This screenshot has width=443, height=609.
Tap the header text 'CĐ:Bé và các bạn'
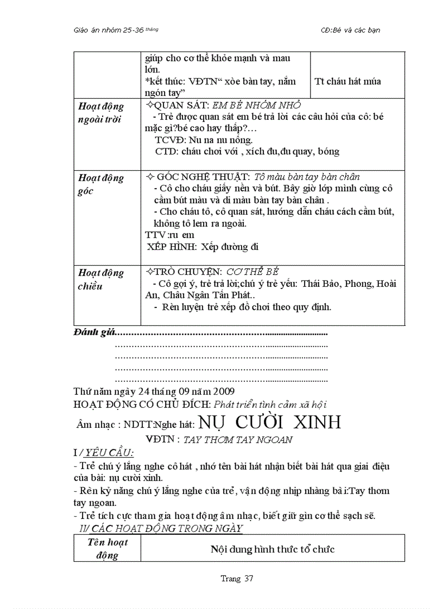[351, 30]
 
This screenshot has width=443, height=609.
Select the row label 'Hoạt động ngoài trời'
[100, 113]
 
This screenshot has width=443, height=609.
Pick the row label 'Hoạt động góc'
[100, 184]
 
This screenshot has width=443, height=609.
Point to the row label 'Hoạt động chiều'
[100, 279]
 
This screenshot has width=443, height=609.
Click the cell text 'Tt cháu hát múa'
[347, 81]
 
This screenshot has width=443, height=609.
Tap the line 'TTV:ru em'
[170, 235]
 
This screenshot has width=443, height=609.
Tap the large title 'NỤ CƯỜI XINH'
[269, 422]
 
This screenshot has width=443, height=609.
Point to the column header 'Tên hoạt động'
[107, 548]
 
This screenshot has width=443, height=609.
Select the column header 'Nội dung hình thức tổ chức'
[273, 549]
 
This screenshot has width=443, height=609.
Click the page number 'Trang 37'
[237, 579]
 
